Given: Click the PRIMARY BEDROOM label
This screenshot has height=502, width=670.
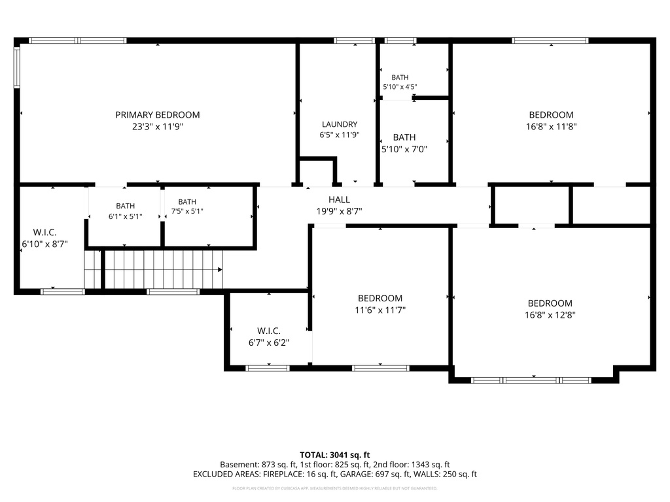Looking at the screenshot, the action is [158, 115].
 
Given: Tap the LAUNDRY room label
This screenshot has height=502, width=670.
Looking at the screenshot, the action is [340, 124].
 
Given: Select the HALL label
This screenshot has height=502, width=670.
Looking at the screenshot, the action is [340, 199].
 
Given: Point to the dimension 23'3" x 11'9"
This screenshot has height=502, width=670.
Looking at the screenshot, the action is [158, 126].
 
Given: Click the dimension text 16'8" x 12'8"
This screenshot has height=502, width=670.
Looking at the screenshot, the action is [550, 315].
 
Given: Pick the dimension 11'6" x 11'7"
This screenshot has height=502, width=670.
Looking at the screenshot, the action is [380, 310].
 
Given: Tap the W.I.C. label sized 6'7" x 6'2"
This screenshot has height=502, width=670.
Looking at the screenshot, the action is [269, 331].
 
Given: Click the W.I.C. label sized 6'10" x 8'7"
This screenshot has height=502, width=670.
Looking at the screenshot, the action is [45, 232].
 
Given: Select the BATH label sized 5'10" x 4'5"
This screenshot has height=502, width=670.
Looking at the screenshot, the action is [400, 77].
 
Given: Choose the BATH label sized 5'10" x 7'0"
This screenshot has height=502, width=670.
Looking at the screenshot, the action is [404, 137].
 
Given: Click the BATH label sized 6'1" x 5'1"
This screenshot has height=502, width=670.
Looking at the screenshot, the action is [125, 206].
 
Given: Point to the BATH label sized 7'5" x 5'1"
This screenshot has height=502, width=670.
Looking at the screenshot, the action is [187, 202].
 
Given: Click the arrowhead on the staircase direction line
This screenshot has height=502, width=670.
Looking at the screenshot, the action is [220, 270].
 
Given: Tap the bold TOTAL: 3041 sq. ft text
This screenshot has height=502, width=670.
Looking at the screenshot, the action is [335, 455].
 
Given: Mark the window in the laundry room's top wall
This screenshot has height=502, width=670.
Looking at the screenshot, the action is [354, 41].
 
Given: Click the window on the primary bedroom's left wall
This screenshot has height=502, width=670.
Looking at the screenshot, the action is [17, 67].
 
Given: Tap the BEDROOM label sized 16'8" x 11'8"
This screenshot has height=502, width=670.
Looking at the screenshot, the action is [551, 115].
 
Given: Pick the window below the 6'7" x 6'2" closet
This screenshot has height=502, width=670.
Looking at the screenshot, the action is [268, 368].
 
